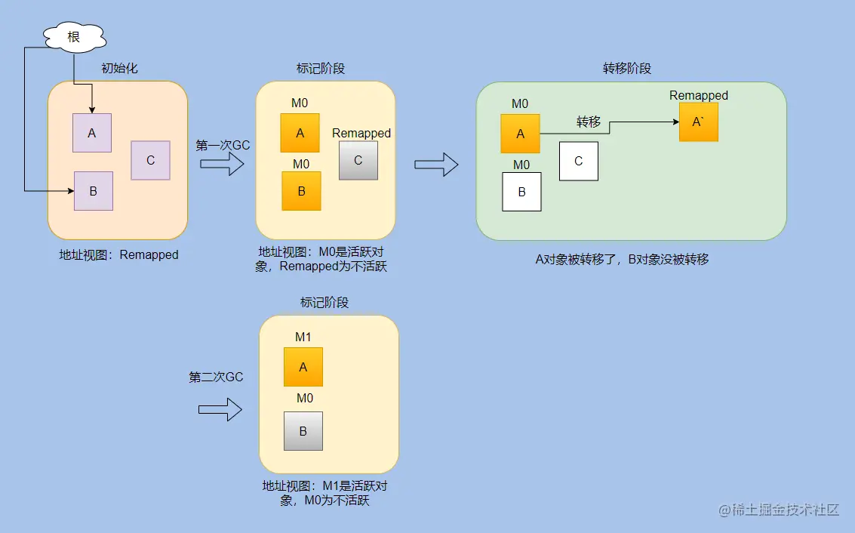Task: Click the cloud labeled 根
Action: [x=73, y=37]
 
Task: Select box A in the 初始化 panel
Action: [x=92, y=133]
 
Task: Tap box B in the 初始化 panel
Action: [x=93, y=191]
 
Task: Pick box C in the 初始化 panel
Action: [x=150, y=160]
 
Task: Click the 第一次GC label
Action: [x=223, y=145]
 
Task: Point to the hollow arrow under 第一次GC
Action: [x=223, y=164]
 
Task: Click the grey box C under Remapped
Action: [x=358, y=160]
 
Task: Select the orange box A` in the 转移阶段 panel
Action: [x=698, y=122]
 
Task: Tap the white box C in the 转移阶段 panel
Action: [x=578, y=161]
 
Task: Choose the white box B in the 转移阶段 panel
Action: [x=521, y=191]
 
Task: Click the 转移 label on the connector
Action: [x=589, y=122]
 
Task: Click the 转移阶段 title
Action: [x=626, y=69]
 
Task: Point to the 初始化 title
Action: [x=119, y=69]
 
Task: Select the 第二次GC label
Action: [x=216, y=377]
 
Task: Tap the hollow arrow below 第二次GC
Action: [x=220, y=409]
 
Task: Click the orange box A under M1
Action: [x=303, y=367]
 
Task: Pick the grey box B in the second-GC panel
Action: [x=303, y=431]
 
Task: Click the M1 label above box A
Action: [x=303, y=337]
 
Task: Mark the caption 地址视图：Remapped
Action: [x=118, y=254]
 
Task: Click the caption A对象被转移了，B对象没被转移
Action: [x=622, y=260]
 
